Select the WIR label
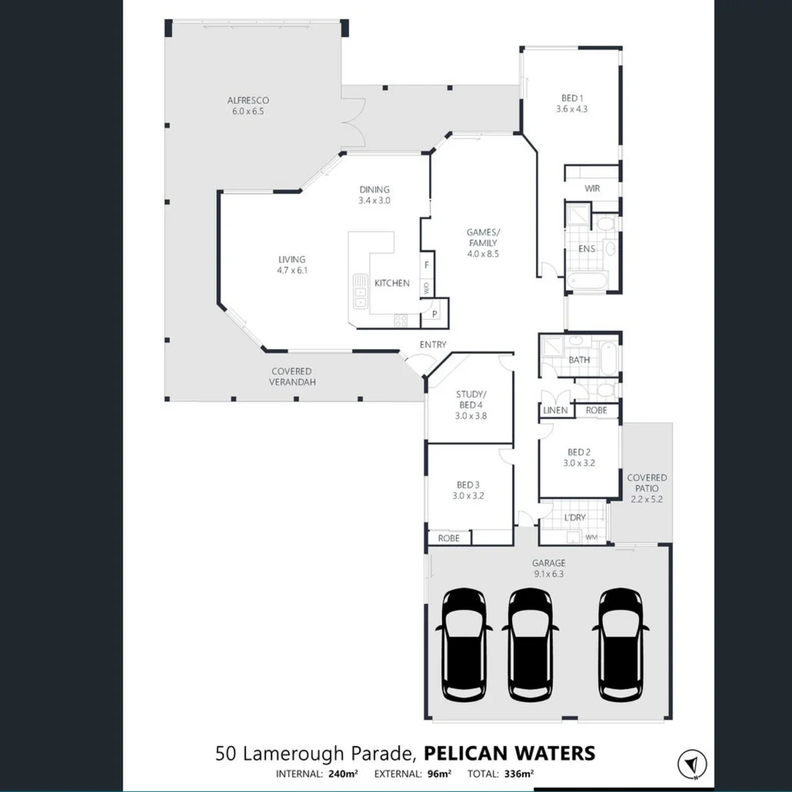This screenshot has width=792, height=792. [x=592, y=188]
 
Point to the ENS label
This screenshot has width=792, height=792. [x=587, y=249]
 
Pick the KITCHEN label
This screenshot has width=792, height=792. [x=392, y=283]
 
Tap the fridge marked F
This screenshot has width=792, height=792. [x=426, y=264]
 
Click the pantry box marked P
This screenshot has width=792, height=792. [x=434, y=314]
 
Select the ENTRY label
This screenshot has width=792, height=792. [x=433, y=345]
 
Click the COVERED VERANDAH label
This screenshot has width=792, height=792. [x=291, y=376]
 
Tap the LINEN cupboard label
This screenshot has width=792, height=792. [x=555, y=411]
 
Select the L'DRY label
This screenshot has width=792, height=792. [x=575, y=518]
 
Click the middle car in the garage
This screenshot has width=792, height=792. [x=530, y=644]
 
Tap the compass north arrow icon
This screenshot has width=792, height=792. [x=688, y=762]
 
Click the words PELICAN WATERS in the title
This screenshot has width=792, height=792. [x=510, y=753]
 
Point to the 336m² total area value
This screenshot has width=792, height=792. [x=518, y=774]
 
